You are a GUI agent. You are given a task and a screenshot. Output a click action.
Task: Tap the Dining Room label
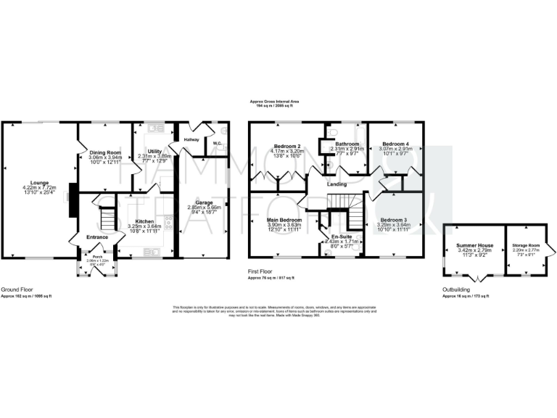click(105, 152)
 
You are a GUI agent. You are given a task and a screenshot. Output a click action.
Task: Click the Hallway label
click(191, 139)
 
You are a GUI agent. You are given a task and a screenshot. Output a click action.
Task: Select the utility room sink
click(154, 128)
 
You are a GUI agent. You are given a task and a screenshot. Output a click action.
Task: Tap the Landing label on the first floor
click(337, 184)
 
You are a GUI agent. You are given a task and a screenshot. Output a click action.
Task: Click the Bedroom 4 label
click(397, 144)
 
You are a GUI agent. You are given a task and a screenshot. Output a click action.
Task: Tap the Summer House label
click(474, 245)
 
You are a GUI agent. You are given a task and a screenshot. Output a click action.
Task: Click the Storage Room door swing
click(551, 251)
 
